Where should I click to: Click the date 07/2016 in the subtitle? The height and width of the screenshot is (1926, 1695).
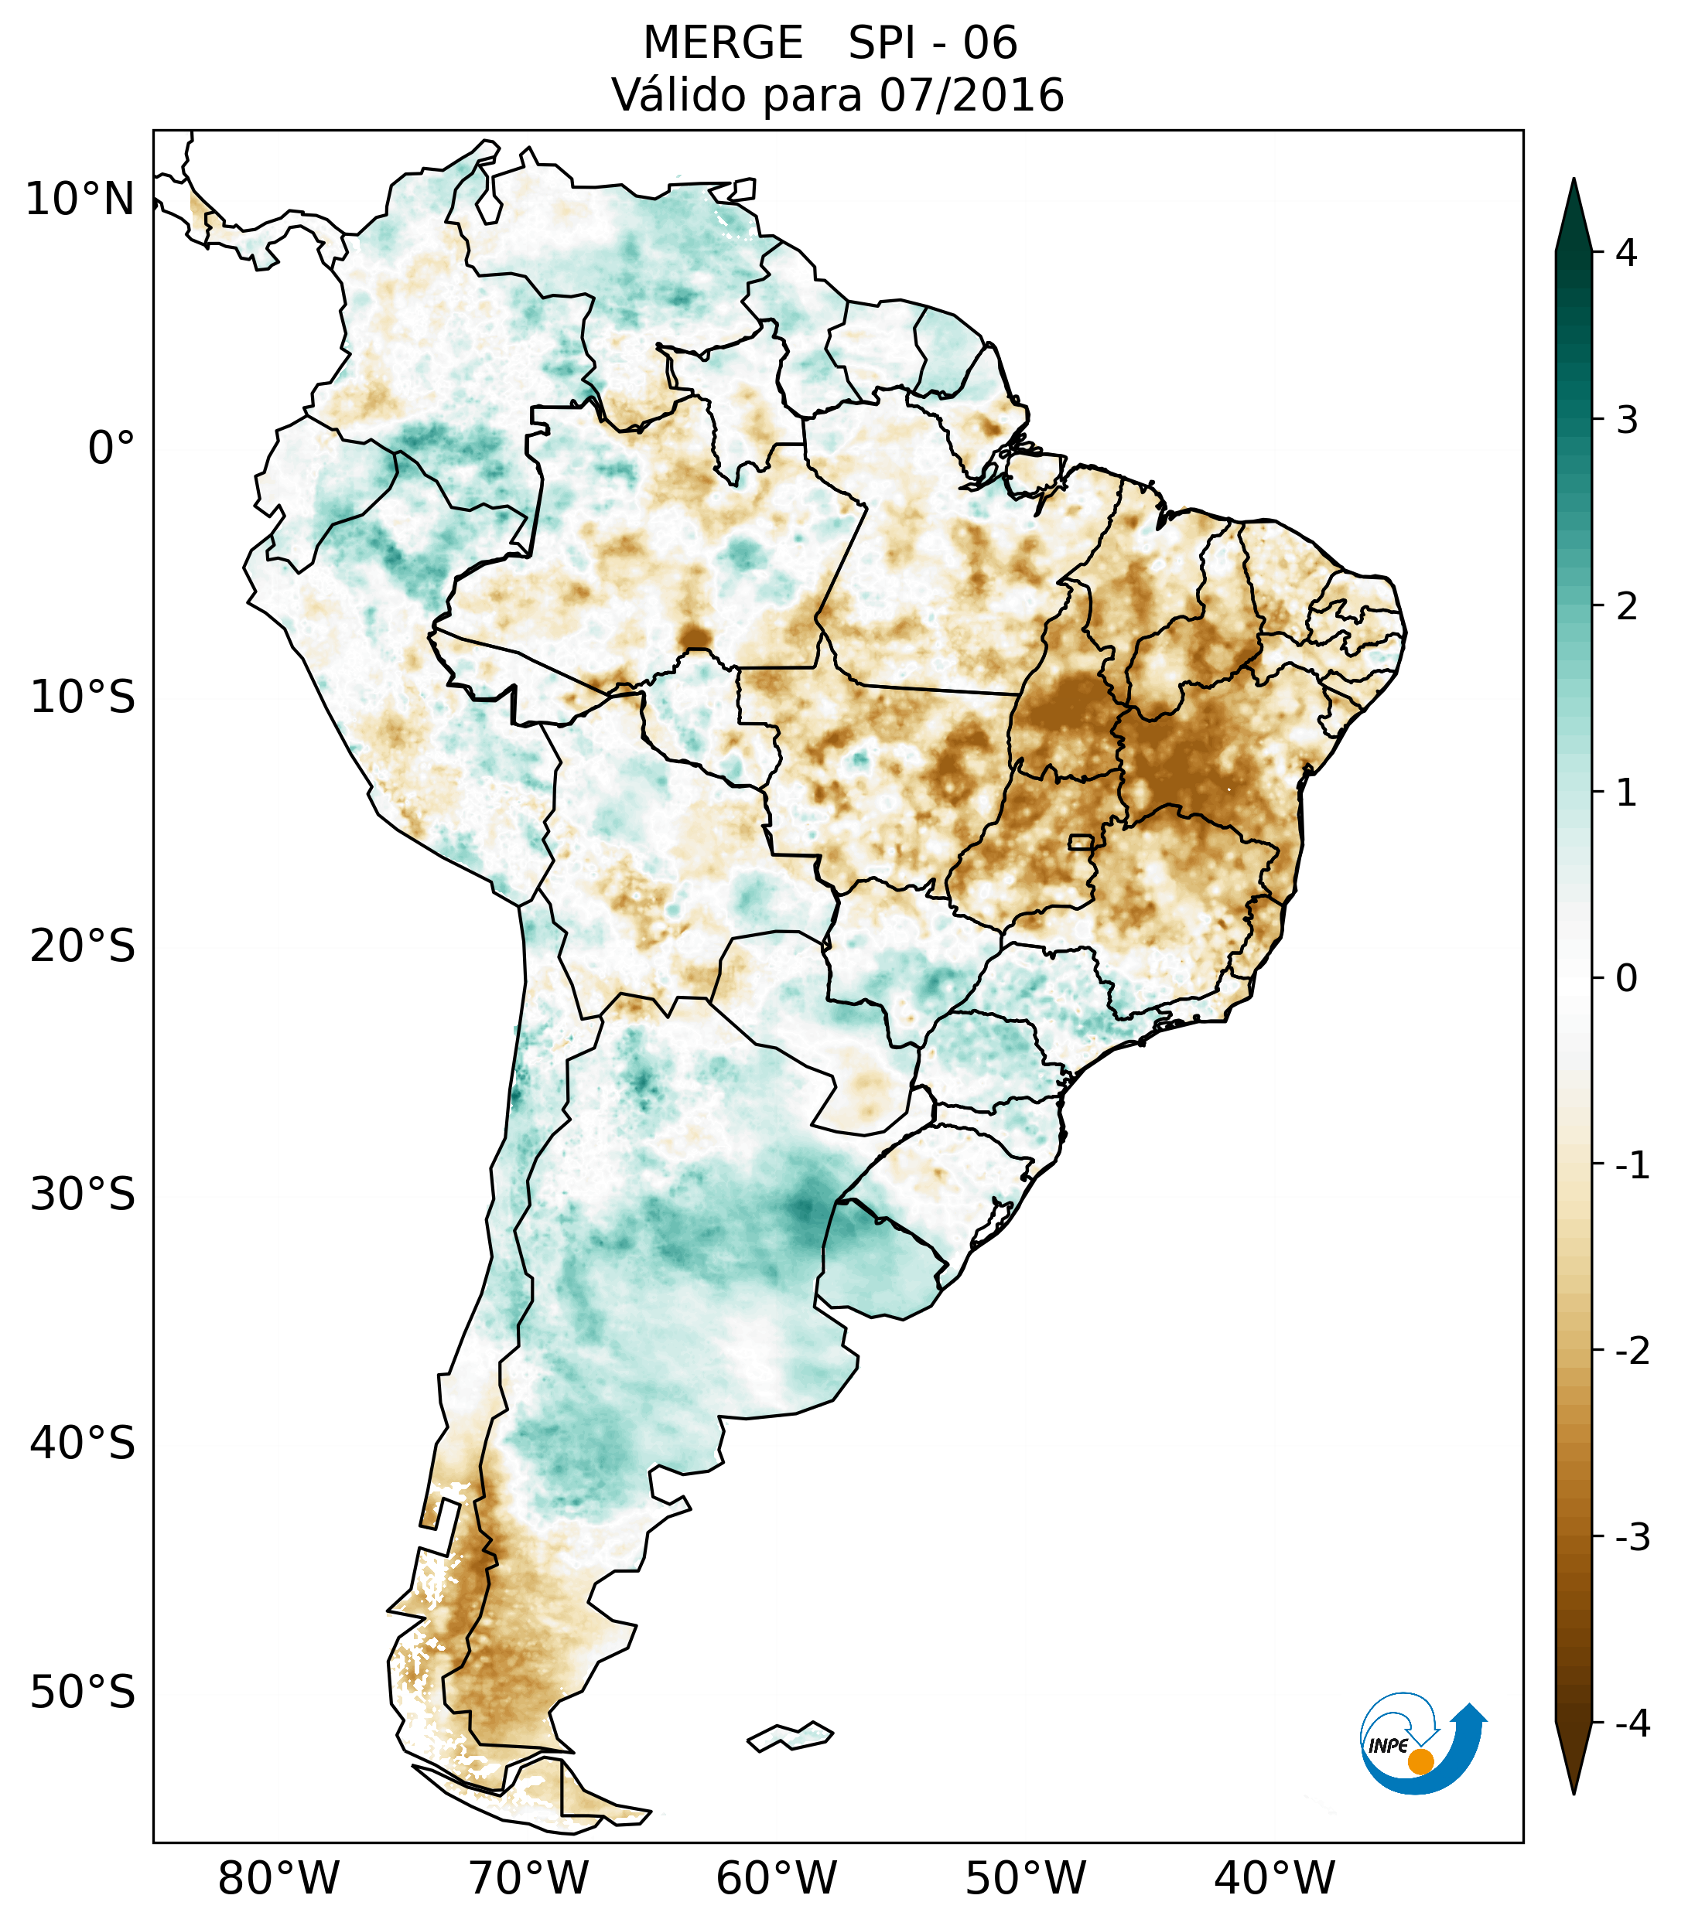pyautogui.click(x=971, y=95)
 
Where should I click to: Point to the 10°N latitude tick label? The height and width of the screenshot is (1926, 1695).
pyautogui.click(x=80, y=199)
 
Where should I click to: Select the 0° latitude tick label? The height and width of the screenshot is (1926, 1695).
pyautogui.click(x=111, y=448)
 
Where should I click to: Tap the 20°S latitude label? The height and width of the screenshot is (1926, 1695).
pyautogui.click(x=83, y=946)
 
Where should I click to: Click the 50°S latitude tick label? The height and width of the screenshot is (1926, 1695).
pyautogui.click(x=83, y=1693)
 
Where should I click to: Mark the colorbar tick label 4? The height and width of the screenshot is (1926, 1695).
pyautogui.click(x=1626, y=253)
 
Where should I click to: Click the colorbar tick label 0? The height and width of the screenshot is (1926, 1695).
pyautogui.click(x=1626, y=979)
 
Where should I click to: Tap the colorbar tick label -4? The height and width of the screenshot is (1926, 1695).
pyautogui.click(x=1632, y=1724)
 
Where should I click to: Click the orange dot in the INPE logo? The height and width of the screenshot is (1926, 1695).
pyautogui.click(x=1420, y=1761)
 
